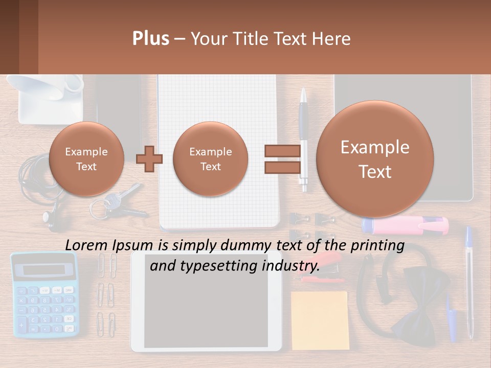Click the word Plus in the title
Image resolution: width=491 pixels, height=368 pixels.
(x=150, y=39)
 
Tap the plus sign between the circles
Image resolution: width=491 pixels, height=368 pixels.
(x=149, y=159)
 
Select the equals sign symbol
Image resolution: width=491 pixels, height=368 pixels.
(x=282, y=158)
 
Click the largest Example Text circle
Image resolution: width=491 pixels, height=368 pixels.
(x=375, y=159)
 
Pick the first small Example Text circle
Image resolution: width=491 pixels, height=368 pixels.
(x=86, y=159)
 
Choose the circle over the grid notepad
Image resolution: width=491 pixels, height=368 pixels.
(x=210, y=159)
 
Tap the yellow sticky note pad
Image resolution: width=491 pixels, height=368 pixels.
(x=319, y=320)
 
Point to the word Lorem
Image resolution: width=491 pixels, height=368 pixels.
(x=86, y=245)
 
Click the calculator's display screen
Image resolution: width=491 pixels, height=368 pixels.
(x=44, y=270)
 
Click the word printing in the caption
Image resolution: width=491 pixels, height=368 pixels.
(x=376, y=245)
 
